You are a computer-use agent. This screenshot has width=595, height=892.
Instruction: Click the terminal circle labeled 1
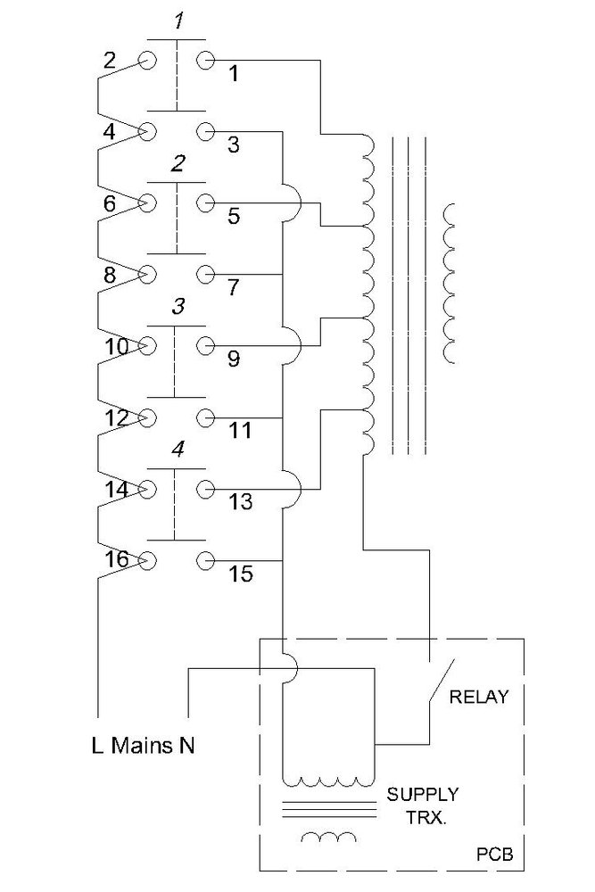coord(206,61)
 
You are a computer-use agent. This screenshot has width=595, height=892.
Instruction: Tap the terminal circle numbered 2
coord(147,61)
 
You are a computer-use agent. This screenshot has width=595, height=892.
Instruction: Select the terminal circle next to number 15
coord(206,560)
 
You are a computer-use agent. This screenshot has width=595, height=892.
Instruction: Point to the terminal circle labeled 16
coord(147,560)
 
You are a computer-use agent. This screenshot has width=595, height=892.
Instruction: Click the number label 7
coord(233,288)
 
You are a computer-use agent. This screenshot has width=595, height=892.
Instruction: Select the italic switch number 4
coord(178,450)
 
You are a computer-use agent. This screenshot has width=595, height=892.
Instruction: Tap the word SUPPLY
coord(423,793)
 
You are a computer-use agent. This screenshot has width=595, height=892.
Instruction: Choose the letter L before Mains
coord(97,743)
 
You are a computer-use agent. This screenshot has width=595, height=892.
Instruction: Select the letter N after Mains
coord(186,743)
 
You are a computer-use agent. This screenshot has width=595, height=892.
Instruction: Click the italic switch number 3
coord(178,307)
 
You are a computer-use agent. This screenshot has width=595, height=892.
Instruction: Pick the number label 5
coord(233,217)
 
